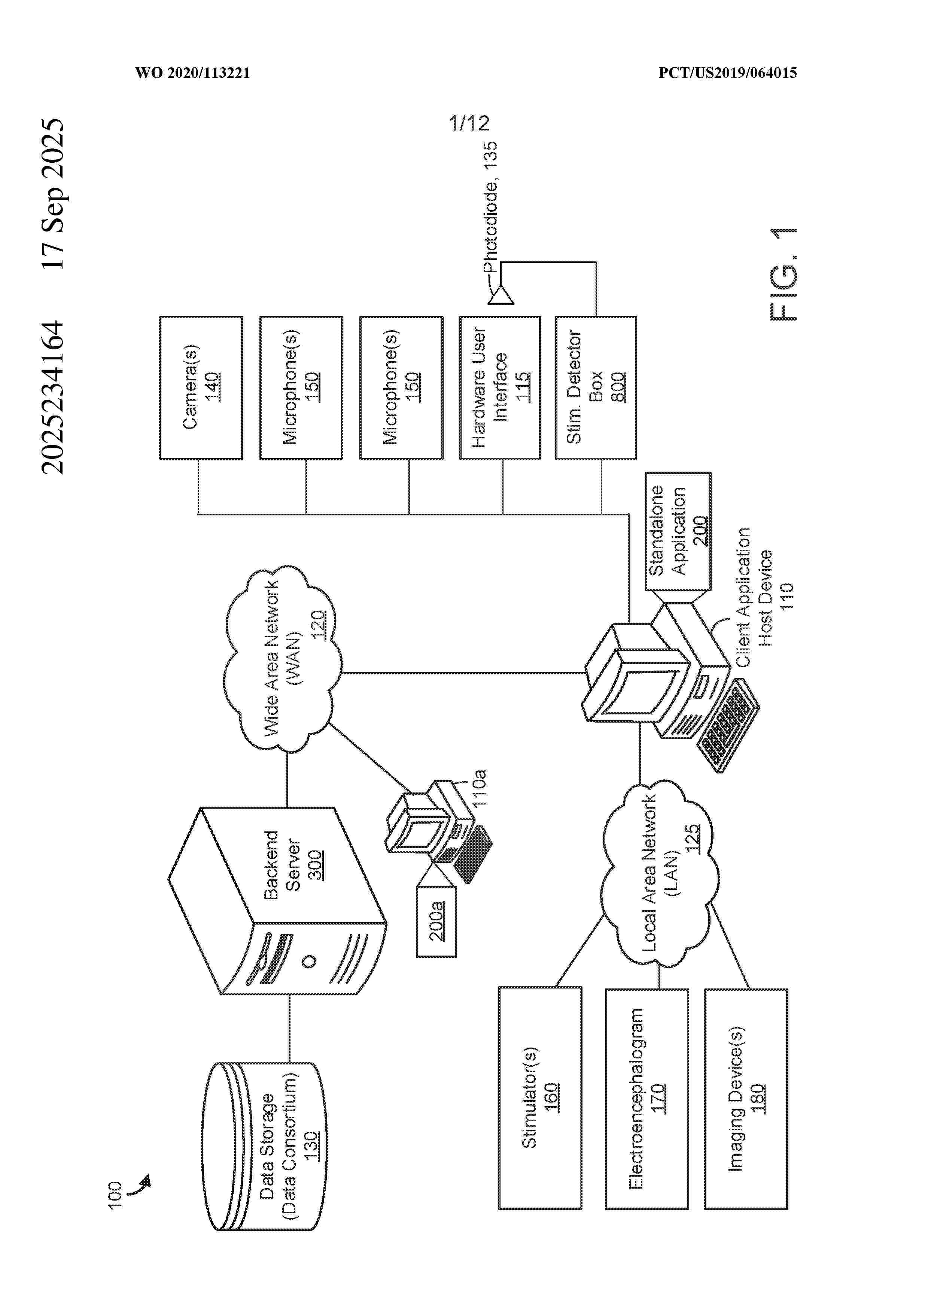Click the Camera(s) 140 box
click(x=201, y=387)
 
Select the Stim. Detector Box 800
click(x=595, y=387)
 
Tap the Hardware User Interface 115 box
click(x=500, y=387)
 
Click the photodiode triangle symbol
click(x=501, y=295)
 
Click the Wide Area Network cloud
click(x=283, y=657)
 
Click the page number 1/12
click(x=469, y=123)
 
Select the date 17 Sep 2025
click(x=53, y=194)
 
